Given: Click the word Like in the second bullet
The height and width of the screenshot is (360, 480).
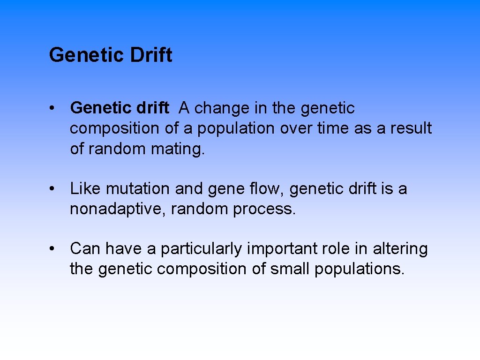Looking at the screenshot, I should [x=86, y=189].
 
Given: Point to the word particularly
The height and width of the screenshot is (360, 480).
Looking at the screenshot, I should [x=202, y=249].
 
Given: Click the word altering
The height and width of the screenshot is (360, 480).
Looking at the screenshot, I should [x=400, y=249].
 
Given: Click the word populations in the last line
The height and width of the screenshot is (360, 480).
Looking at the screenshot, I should [x=359, y=270].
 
